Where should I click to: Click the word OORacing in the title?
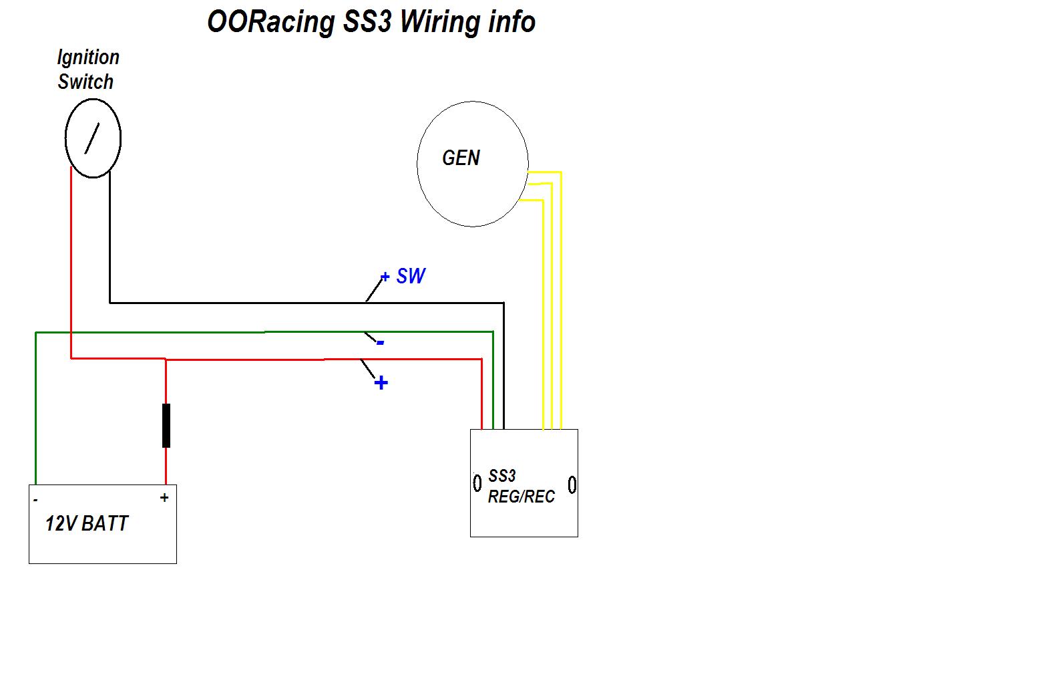(271, 22)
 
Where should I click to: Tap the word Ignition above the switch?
(88, 57)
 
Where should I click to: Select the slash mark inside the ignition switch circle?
(92, 138)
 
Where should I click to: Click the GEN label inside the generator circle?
(461, 158)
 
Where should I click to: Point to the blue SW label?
(411, 276)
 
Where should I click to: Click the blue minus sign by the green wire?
(381, 343)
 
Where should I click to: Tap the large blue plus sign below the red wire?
(381, 383)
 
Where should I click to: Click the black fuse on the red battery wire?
(166, 426)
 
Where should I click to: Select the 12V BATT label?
(86, 523)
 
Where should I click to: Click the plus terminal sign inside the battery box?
(164, 498)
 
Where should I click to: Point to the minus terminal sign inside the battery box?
(35, 500)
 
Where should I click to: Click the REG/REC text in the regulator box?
(521, 497)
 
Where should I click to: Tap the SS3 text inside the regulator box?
(502, 476)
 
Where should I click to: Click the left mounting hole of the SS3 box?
(477, 482)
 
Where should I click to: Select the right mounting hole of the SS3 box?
(572, 484)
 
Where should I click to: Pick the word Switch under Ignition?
(86, 82)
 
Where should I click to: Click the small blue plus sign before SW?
(385, 277)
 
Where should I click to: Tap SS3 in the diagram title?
(367, 22)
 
